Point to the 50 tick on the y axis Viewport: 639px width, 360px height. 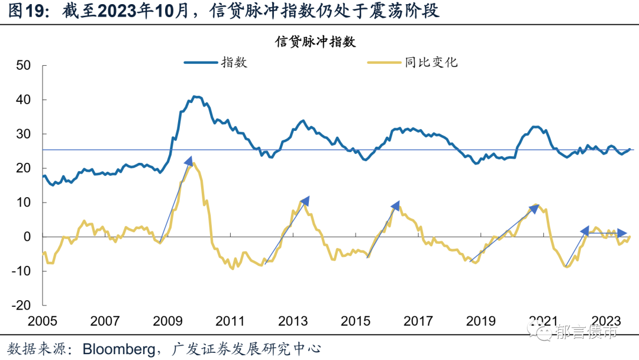tap(23, 65)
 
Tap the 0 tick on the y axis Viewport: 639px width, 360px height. tap(27, 237)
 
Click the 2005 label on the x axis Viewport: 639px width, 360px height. tap(43, 322)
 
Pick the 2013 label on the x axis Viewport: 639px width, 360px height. tap(293, 322)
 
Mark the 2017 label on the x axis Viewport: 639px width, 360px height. tap(418, 322)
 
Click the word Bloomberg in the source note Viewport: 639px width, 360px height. tap(115, 348)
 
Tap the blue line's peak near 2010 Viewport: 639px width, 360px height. tap(196, 95)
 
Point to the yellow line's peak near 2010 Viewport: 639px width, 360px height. tap(194, 163)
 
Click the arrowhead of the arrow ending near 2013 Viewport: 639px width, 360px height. tap(305, 201)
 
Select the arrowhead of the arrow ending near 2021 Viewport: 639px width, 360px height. tap(535, 208)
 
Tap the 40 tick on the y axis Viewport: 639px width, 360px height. tap(23, 99)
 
